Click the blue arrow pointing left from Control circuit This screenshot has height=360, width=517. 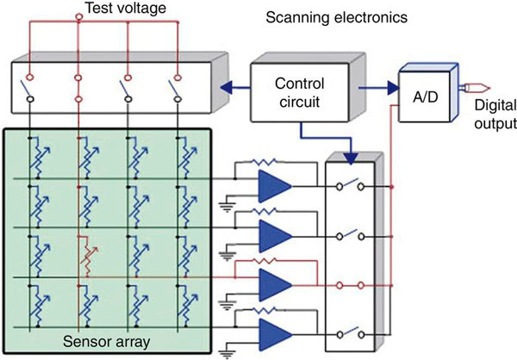coord(229,85)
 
